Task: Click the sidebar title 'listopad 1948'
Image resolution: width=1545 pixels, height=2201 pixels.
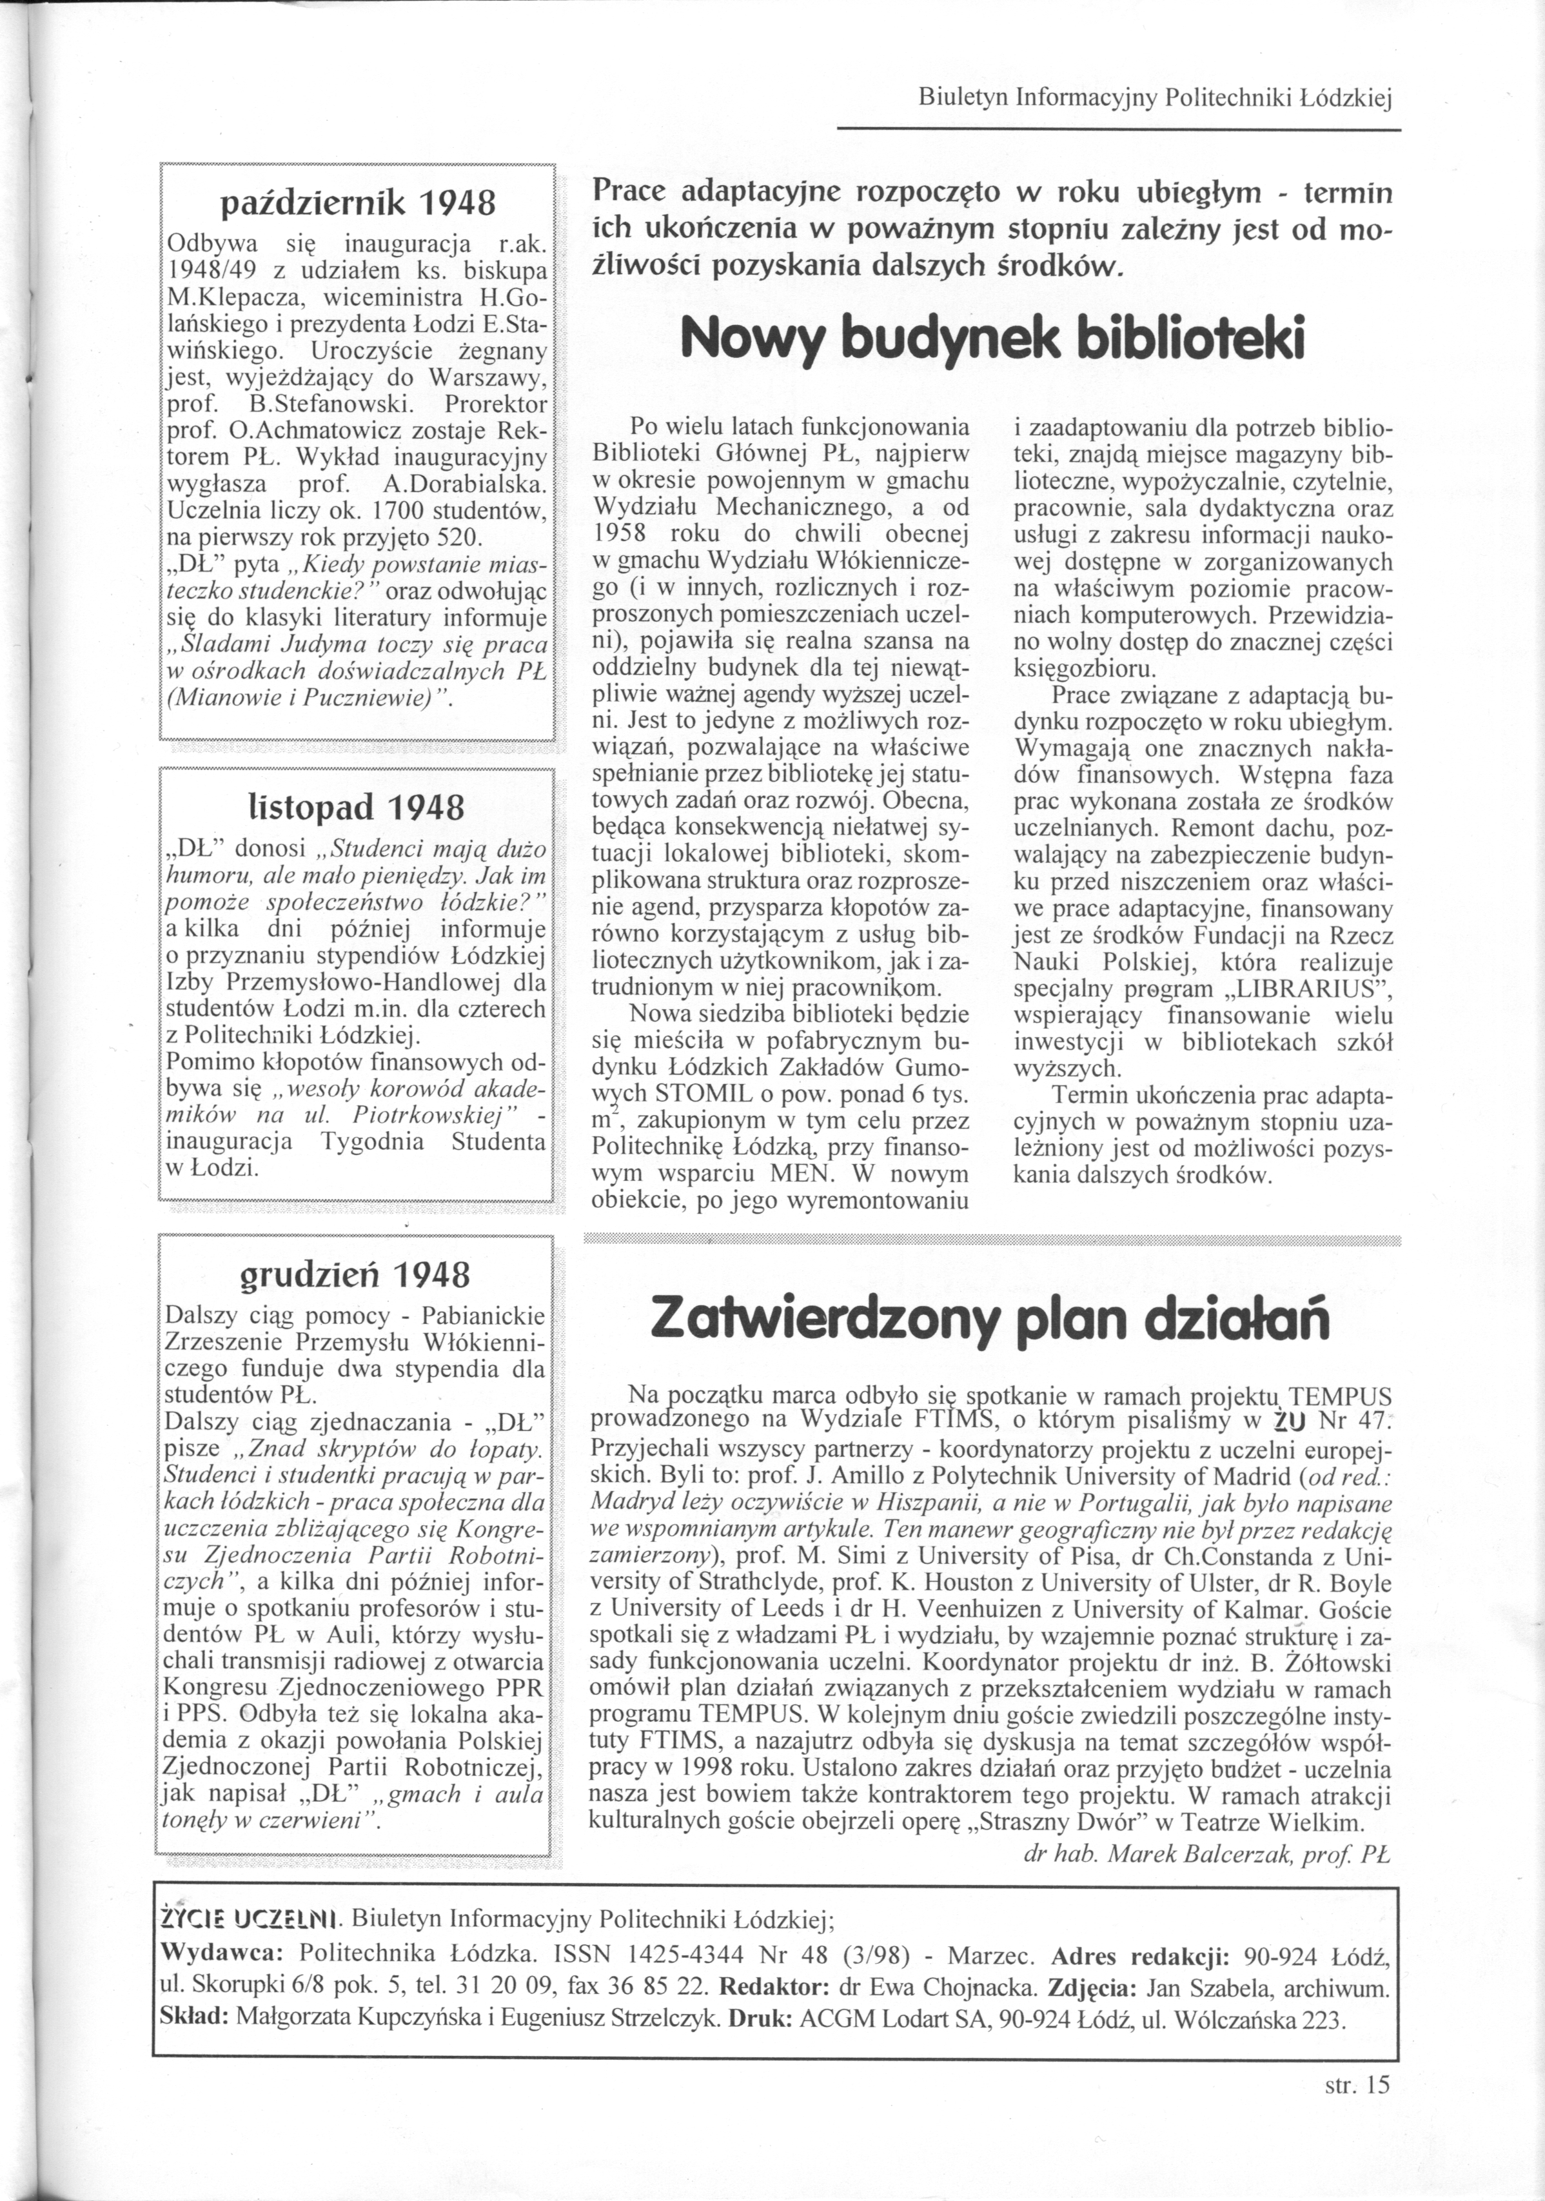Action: pyautogui.click(x=355, y=807)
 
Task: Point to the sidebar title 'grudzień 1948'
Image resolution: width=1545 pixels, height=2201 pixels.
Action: pyautogui.click(x=355, y=1274)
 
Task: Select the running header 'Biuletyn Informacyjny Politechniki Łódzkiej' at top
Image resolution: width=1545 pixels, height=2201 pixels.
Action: pyautogui.click(x=1154, y=98)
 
